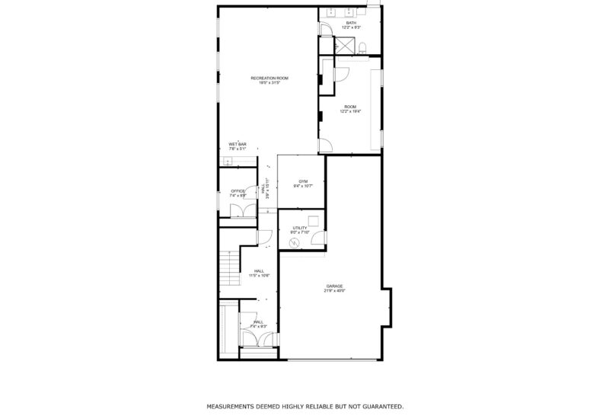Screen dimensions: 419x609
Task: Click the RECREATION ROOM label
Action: pyautogui.click(x=269, y=78)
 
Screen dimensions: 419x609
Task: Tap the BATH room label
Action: pyautogui.click(x=350, y=23)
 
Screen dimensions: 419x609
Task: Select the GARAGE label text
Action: pyautogui.click(x=335, y=286)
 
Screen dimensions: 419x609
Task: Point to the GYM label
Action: pyautogui.click(x=302, y=181)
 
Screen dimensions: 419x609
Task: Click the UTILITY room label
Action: pyautogui.click(x=299, y=227)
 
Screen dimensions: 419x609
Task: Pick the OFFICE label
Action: pyautogui.click(x=238, y=191)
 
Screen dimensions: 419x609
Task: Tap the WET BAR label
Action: pyautogui.click(x=238, y=144)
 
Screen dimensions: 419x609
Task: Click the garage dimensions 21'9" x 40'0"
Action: pyautogui.click(x=335, y=290)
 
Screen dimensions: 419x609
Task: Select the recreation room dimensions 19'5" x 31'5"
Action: pyautogui.click(x=269, y=83)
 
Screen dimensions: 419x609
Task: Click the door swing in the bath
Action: pyautogui.click(x=325, y=28)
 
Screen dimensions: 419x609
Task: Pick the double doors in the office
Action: pyautogui.click(x=238, y=212)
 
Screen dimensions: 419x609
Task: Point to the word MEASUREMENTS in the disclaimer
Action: pyautogui.click(x=233, y=407)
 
